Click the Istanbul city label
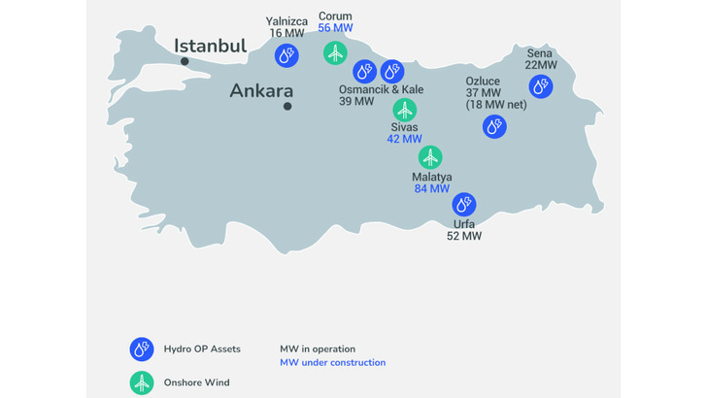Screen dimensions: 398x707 210,47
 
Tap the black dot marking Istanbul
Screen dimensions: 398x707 185,61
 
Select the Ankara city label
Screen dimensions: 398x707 261,90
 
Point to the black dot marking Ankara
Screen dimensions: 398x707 287,106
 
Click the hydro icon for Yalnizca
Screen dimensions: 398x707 286,57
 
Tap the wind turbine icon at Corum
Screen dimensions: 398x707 335,53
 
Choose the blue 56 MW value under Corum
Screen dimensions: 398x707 335,28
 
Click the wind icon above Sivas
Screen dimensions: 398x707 404,110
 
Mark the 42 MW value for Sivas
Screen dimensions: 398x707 404,139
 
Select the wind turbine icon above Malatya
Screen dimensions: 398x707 430,156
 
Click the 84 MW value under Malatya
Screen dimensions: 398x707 431,188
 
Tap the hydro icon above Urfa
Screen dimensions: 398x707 464,205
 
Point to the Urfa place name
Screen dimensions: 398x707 463,223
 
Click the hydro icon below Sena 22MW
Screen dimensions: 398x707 541,86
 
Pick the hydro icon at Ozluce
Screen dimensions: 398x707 494,125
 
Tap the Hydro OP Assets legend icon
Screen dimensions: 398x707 143,348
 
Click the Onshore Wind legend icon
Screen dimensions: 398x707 143,383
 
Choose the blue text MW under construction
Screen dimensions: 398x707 332,363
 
